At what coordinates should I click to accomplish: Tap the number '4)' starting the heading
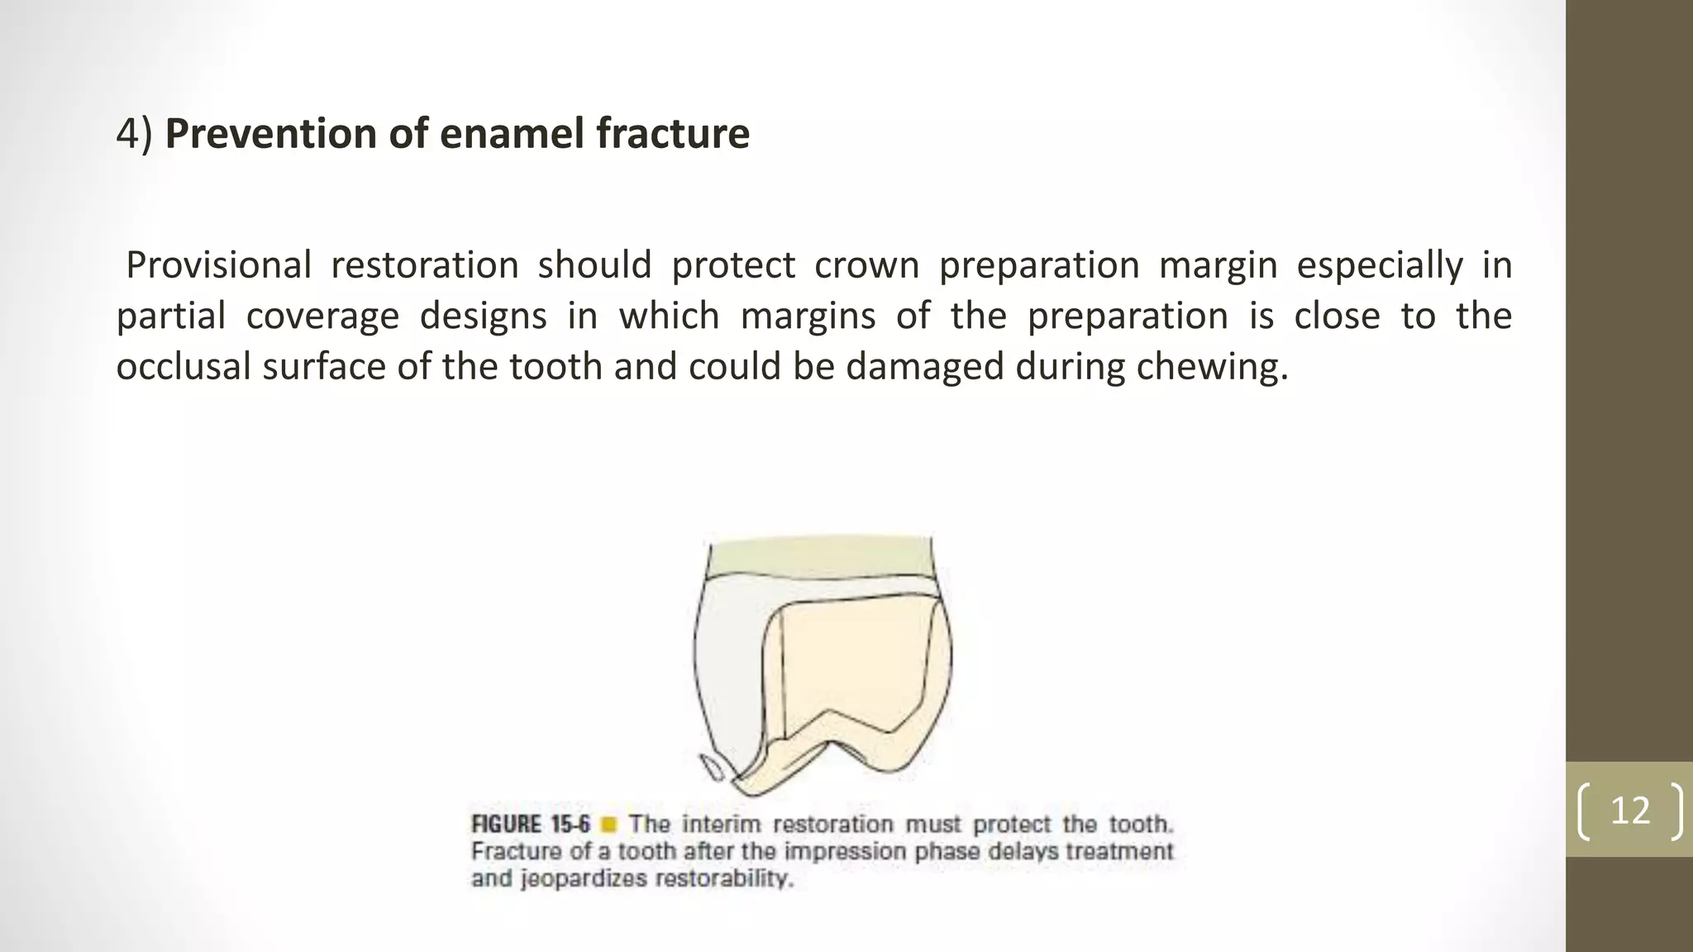[x=134, y=135]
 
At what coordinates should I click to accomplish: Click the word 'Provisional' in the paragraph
[x=218, y=265]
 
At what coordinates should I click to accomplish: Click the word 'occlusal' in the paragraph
[x=184, y=366]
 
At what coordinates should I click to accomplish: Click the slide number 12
[x=1630, y=810]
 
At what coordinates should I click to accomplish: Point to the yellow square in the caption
[x=609, y=825]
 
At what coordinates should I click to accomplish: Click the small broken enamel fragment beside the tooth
[x=713, y=768]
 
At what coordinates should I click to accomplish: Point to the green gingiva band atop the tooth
[x=820, y=557]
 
